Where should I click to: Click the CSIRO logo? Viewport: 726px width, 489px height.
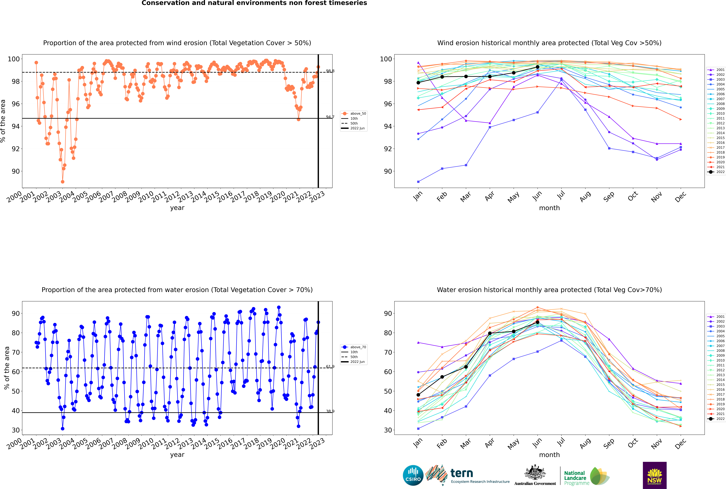tap(413, 476)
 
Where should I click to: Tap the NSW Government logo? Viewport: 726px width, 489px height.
tap(655, 475)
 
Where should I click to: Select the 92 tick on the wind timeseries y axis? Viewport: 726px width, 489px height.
tap(16, 149)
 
